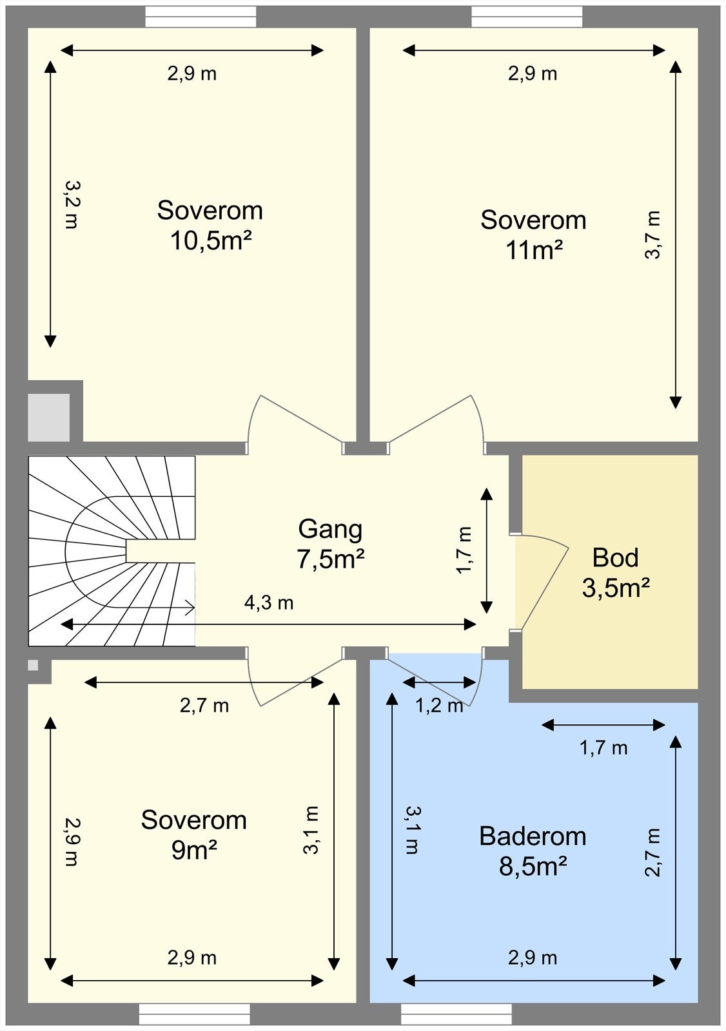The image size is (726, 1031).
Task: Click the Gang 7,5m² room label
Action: tap(330, 544)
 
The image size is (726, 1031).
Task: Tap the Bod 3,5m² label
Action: tap(616, 573)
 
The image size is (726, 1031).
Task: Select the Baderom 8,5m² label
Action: tap(533, 851)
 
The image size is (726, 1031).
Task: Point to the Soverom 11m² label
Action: tap(533, 235)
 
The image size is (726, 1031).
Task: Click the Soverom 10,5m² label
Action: tap(210, 225)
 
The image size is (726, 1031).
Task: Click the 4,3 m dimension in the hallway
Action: tap(269, 602)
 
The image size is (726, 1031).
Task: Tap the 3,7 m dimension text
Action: tap(652, 235)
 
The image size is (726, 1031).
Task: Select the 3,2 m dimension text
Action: tap(72, 204)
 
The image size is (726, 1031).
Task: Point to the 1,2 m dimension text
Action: tap(439, 706)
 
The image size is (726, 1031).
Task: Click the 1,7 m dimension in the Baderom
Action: tap(603, 748)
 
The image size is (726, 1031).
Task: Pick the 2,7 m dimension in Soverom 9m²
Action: tap(204, 706)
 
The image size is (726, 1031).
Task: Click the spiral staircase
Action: tap(112, 551)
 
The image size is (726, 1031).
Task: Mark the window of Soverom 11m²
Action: tap(527, 17)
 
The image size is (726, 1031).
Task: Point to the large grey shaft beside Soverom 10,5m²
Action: tap(49, 418)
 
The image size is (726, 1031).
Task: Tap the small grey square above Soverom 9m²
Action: tap(33, 665)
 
